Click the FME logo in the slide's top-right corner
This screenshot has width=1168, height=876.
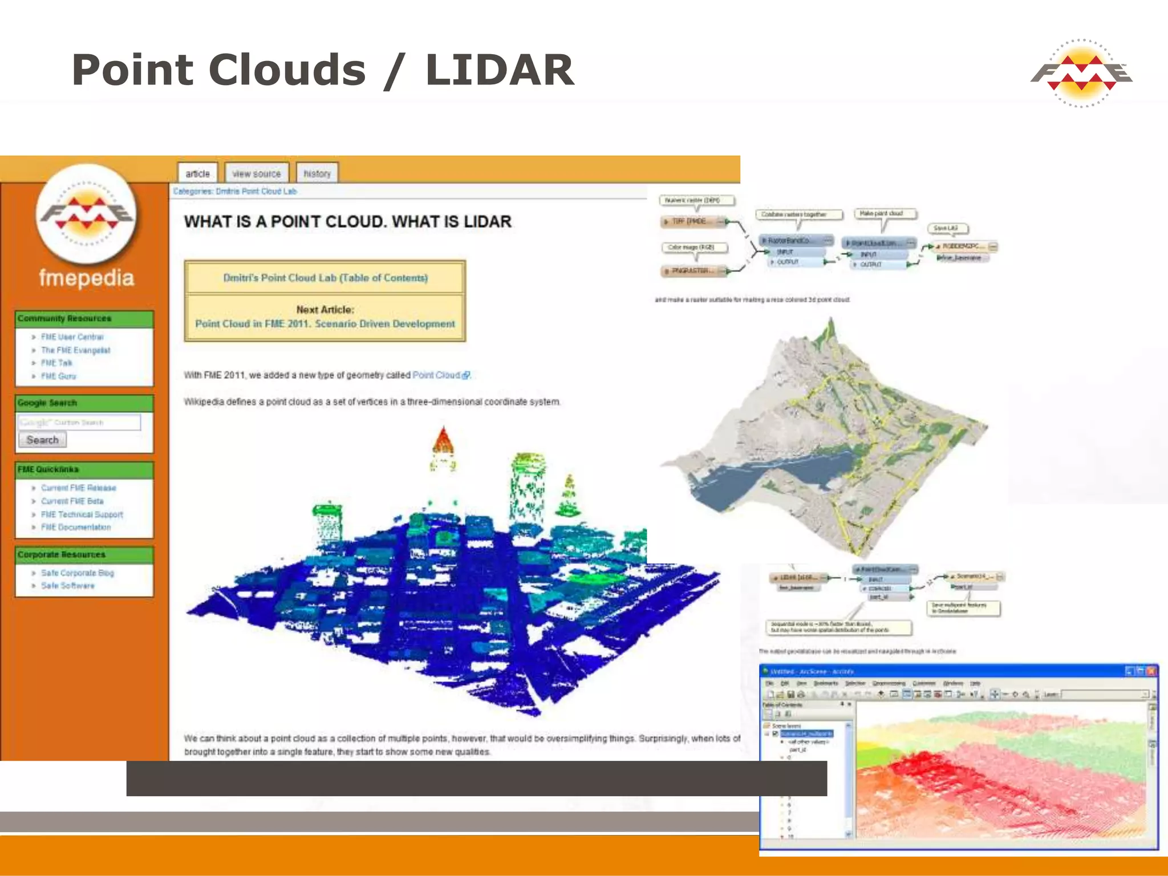[x=1081, y=73]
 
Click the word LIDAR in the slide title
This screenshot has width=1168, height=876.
[x=500, y=70]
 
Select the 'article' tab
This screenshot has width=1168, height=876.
[x=197, y=173]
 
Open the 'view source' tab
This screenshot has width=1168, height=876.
[x=257, y=173]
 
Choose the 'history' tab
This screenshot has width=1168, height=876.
[x=317, y=173]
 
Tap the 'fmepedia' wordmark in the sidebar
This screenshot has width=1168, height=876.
[x=87, y=278]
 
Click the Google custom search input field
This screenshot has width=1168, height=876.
[x=79, y=423]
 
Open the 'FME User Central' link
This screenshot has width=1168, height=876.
[x=72, y=337]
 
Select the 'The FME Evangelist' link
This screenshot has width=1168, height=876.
[x=75, y=350]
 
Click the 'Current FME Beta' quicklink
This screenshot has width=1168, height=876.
[x=72, y=501]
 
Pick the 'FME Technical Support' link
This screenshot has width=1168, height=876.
[x=82, y=514]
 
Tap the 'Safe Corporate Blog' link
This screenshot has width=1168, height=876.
[x=77, y=573]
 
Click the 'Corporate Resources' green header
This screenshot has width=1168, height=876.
[x=62, y=554]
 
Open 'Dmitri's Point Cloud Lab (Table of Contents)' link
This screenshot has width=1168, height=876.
[x=325, y=278]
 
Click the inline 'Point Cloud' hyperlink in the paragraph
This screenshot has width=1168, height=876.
[x=436, y=375]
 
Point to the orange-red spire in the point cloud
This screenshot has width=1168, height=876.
[x=443, y=440]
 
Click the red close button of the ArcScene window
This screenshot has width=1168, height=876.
[x=1151, y=671]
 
